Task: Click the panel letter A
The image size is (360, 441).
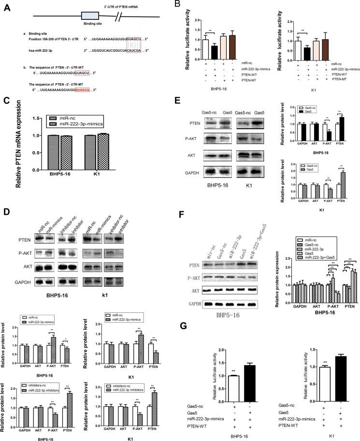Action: (6, 6)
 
